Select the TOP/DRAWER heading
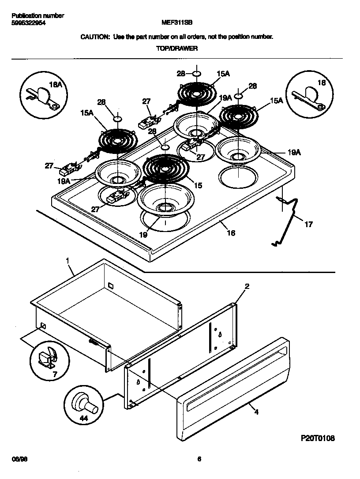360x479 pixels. point(176,49)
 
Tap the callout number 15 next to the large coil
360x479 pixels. point(198,186)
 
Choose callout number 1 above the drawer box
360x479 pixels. point(68,261)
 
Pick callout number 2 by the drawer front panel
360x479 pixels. point(247,287)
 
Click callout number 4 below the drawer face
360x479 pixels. point(256,412)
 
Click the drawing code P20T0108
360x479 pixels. point(318,438)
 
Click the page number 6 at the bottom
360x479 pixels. point(199,459)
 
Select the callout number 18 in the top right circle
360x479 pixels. point(321,83)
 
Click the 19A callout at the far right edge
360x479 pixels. point(294,153)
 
